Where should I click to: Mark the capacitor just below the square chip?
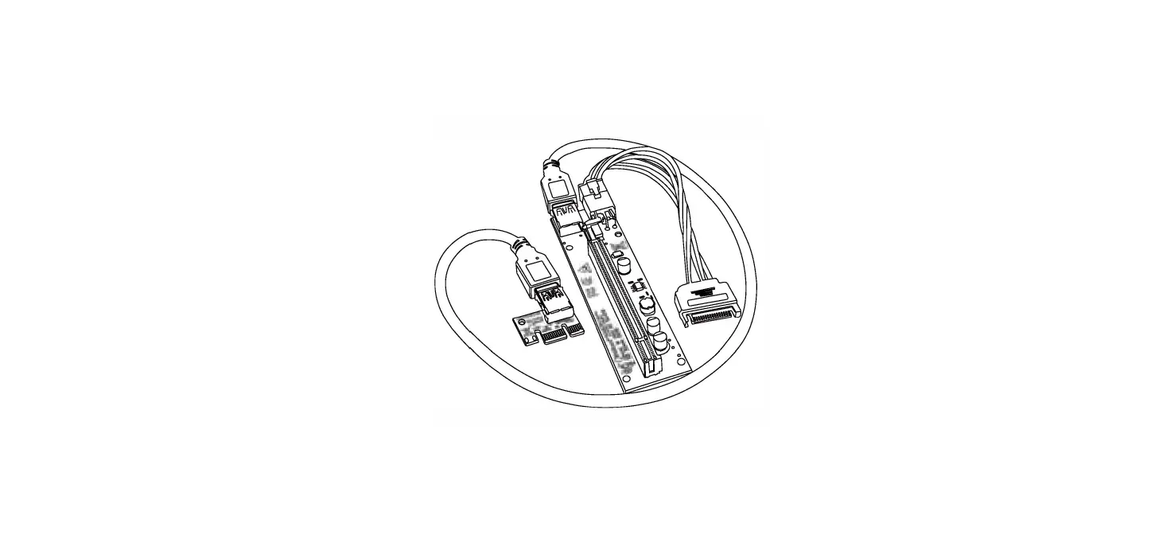point(646,304)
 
